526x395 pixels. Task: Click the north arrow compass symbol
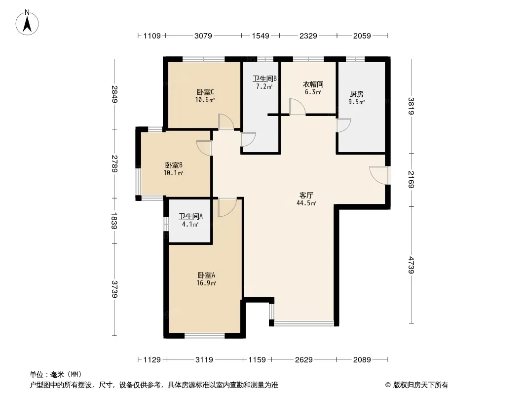pos(27,23)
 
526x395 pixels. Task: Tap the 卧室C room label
pos(205,92)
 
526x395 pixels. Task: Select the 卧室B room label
pos(174,165)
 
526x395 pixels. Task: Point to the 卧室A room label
pos(206,275)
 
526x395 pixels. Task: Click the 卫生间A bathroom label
pos(190,216)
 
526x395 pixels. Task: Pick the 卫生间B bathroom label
pos(264,79)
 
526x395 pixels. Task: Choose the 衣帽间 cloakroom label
pos(313,84)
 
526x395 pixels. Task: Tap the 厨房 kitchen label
pos(357,94)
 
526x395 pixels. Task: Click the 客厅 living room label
pos(306,196)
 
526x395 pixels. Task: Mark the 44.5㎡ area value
pos(306,203)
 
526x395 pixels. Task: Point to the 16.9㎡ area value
pos(206,283)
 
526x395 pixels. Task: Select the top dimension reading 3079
pos(203,36)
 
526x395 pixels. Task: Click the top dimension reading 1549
pos(261,36)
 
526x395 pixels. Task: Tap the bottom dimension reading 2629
pos(304,360)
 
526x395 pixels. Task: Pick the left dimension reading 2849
pos(115,94)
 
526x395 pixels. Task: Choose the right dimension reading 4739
pos(411,265)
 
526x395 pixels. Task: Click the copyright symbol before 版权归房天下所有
pos(388,385)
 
